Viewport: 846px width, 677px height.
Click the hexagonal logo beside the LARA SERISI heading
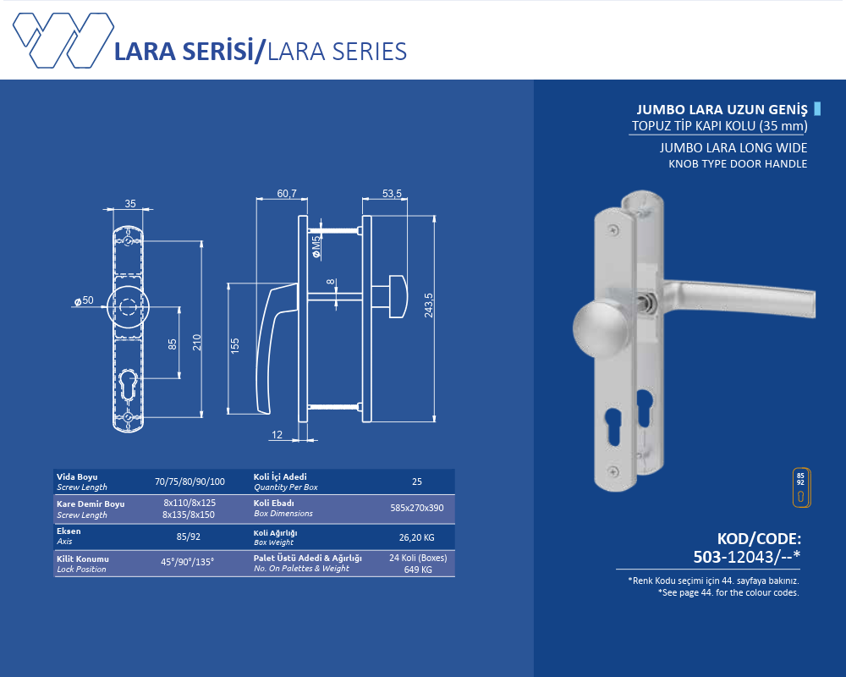(x=63, y=41)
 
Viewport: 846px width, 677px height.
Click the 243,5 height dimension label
(x=428, y=305)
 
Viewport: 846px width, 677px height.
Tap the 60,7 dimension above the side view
(x=287, y=193)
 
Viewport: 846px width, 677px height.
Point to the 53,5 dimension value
(x=392, y=193)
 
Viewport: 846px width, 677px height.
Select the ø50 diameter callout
(x=84, y=300)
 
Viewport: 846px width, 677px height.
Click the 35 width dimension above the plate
(x=130, y=204)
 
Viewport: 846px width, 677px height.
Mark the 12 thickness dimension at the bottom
(x=277, y=435)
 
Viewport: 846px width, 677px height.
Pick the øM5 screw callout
(x=316, y=246)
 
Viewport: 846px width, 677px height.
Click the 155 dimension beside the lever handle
(x=234, y=346)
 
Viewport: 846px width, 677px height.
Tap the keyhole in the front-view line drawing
(x=128, y=385)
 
